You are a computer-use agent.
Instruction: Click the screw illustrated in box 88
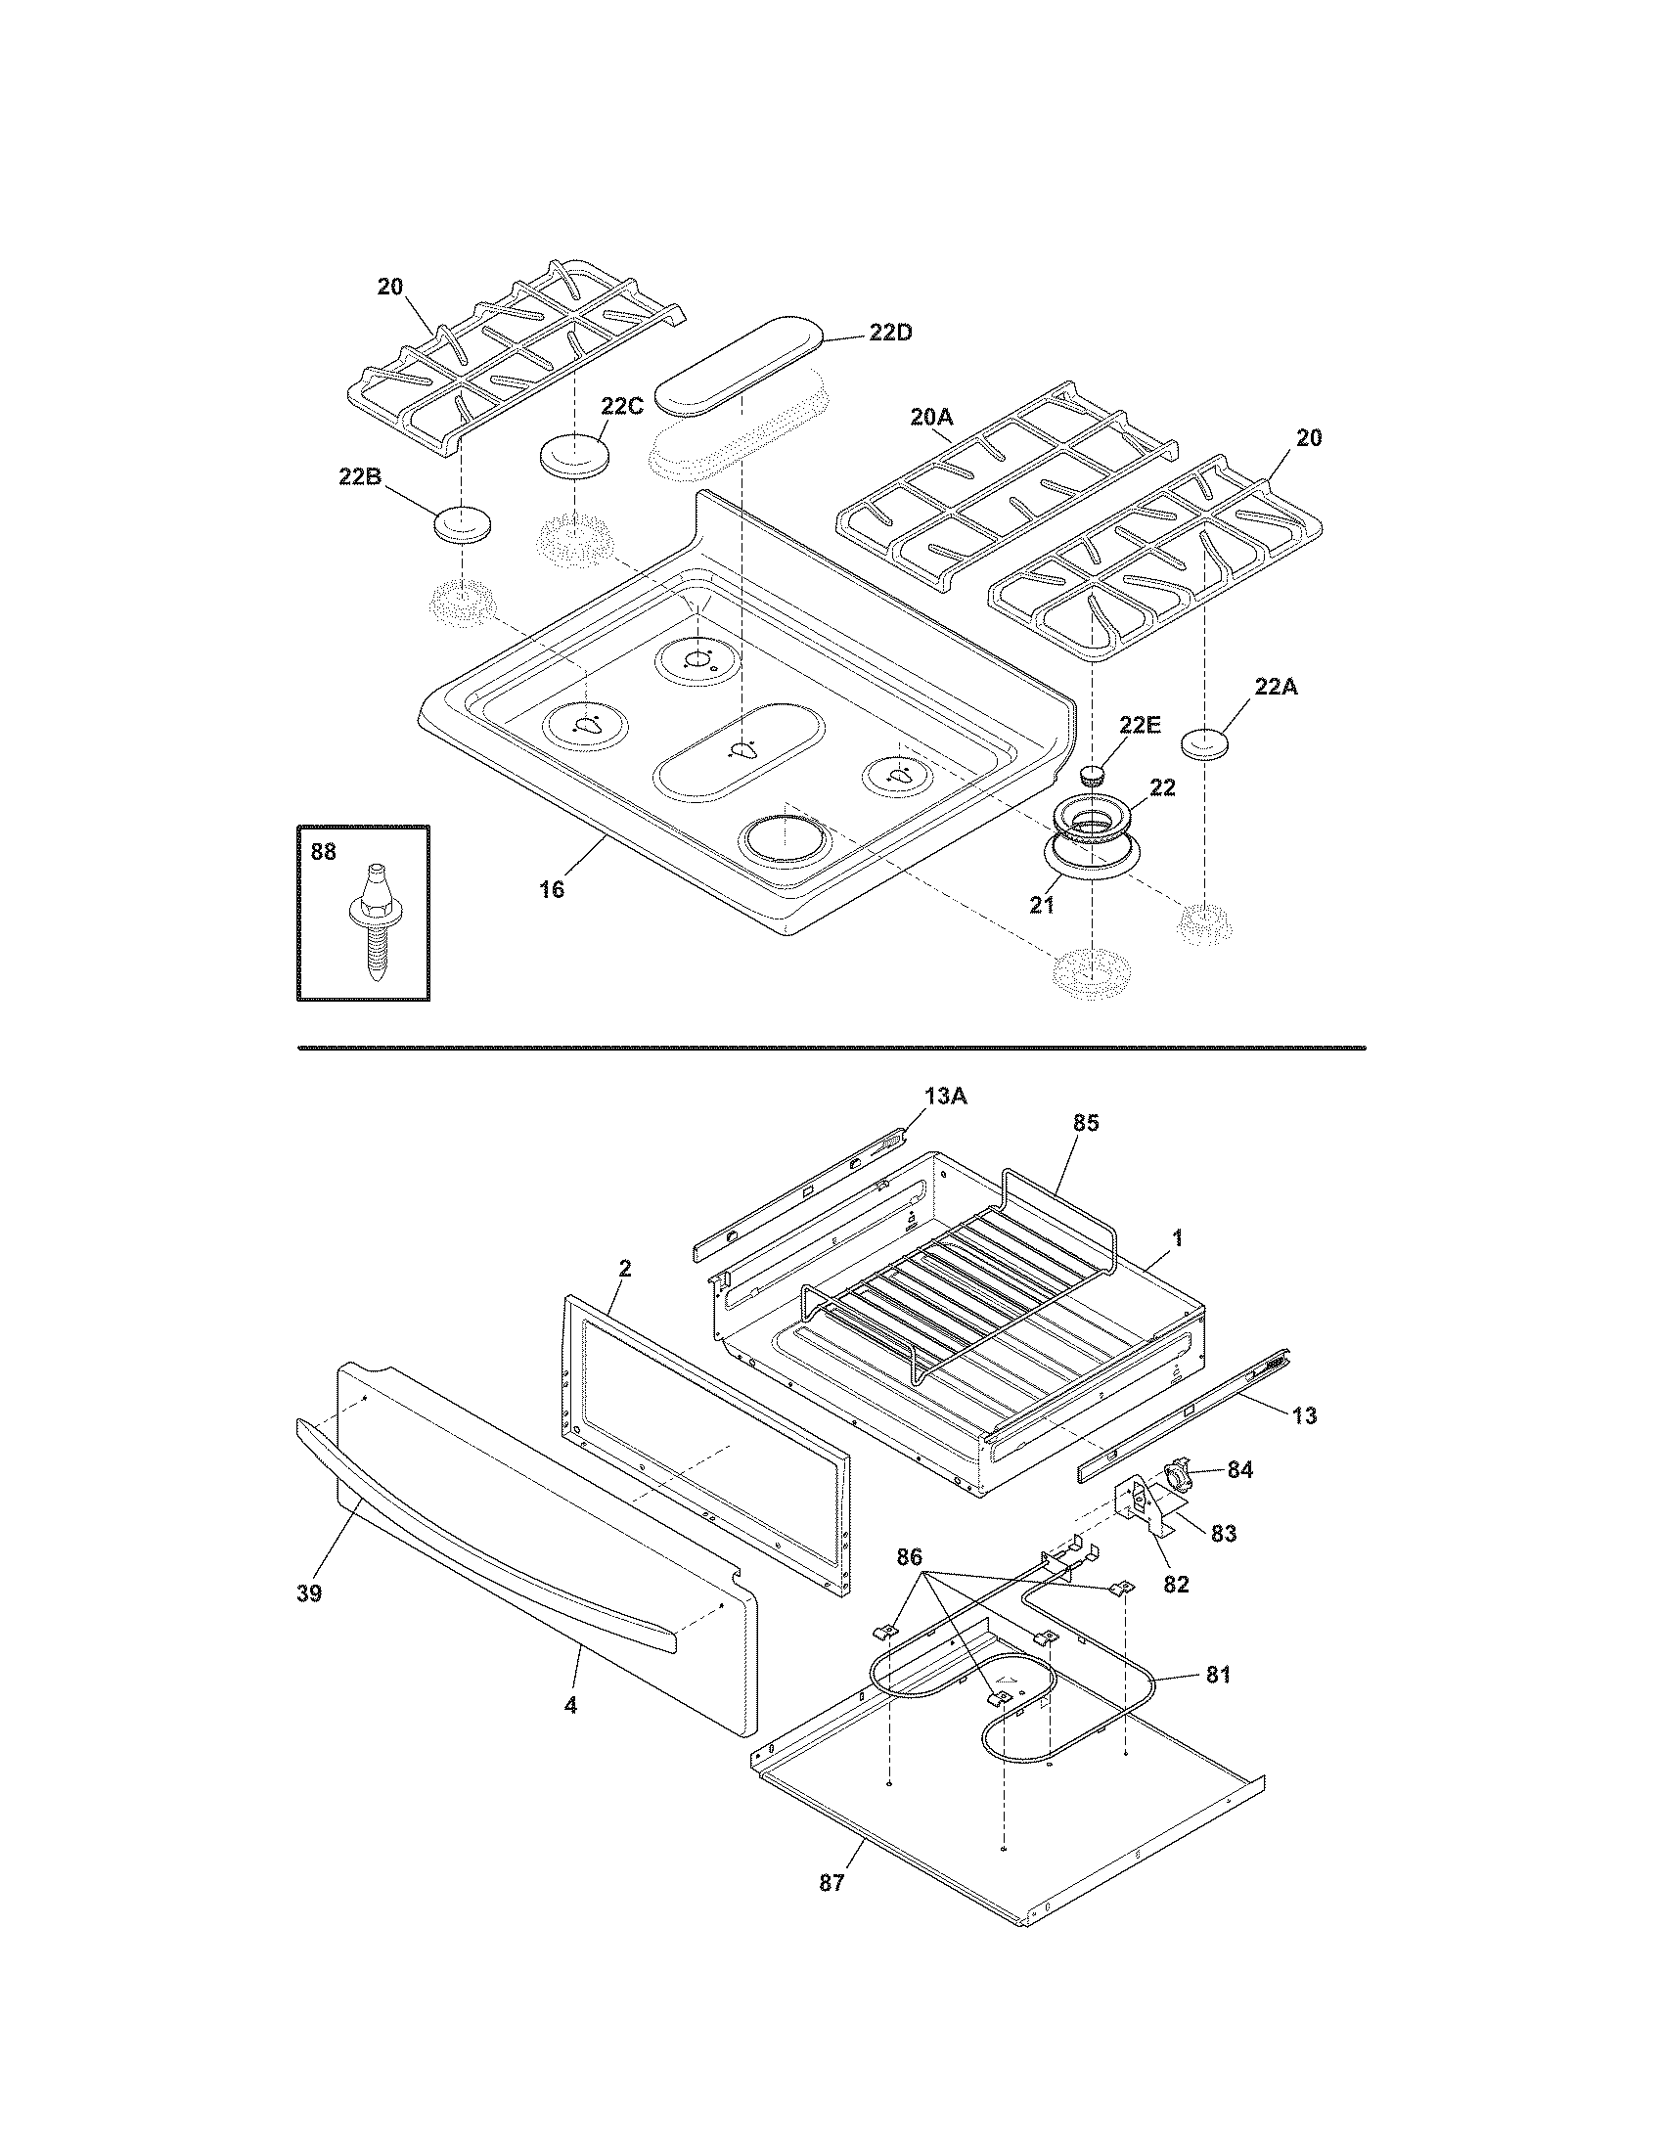376,920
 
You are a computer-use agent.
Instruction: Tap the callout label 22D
889,332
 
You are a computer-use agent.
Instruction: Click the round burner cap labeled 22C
573,457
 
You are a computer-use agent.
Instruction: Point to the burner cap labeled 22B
461,524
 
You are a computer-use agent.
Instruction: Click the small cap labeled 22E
1093,774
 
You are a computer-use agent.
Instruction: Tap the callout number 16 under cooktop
552,889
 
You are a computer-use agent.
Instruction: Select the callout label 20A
931,418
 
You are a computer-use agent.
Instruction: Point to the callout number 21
1043,904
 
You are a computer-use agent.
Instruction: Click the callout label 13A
945,1096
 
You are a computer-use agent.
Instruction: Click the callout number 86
910,1557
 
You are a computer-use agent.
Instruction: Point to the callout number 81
1218,1674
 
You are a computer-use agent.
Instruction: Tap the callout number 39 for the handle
309,1593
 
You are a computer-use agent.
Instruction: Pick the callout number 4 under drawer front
570,1704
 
